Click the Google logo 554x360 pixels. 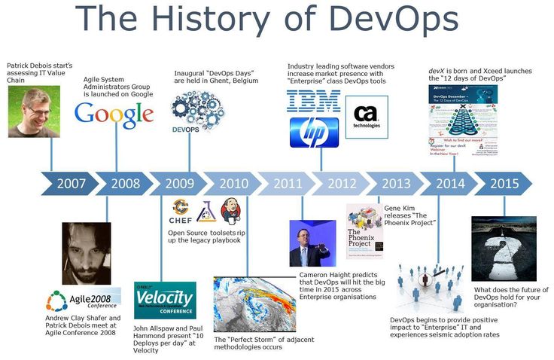(x=114, y=115)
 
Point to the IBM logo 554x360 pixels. (x=314, y=102)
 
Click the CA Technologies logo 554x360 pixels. (x=366, y=117)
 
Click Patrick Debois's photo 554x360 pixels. (x=33, y=112)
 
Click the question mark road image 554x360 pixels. (x=504, y=249)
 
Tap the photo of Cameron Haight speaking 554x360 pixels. (x=310, y=243)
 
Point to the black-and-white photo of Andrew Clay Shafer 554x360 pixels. (x=87, y=252)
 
